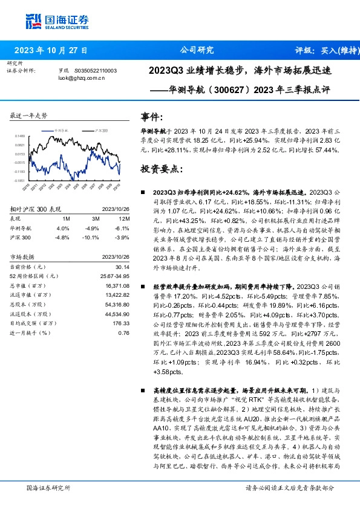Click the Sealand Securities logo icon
click(33, 21)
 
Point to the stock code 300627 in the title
click(226, 93)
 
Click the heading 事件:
click(152, 117)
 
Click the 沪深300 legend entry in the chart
click(101, 130)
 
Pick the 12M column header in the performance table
click(124, 218)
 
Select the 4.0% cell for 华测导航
click(63, 229)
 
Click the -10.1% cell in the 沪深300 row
click(93, 237)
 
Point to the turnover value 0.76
click(124, 332)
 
